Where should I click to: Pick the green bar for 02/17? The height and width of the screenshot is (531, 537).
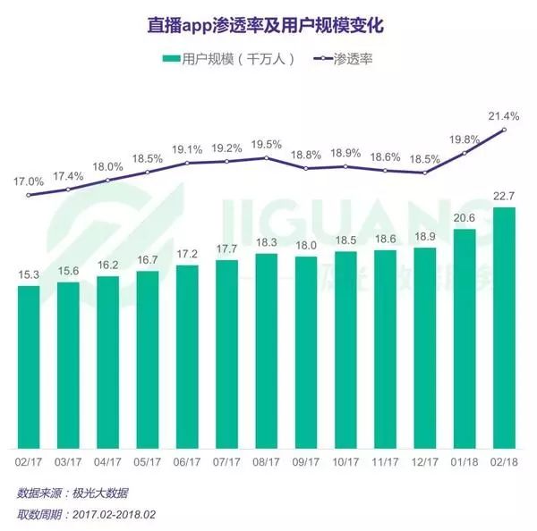pyautogui.click(x=29, y=367)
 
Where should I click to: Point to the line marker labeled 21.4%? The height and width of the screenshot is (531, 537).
pyautogui.click(x=505, y=130)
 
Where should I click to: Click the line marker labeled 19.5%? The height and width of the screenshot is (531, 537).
pyautogui.click(x=267, y=158)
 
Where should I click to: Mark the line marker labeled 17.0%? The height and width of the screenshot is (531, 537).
pyautogui.click(x=29, y=195)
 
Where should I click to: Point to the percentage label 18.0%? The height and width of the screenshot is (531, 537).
pyautogui.click(x=108, y=166)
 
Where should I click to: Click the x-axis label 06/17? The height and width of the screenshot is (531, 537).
pyautogui.click(x=187, y=462)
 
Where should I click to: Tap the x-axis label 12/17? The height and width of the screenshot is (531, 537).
pyautogui.click(x=425, y=462)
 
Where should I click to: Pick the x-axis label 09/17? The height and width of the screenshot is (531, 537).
pyautogui.click(x=306, y=462)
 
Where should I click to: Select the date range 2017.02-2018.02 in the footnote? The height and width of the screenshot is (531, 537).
pyautogui.click(x=115, y=514)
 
